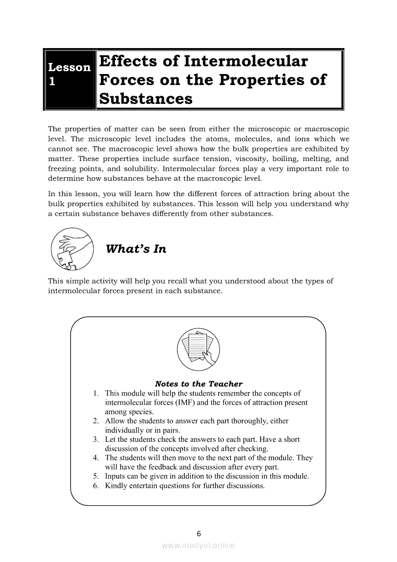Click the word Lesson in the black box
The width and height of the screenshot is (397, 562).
(x=69, y=67)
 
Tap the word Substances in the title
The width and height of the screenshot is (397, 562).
(x=146, y=99)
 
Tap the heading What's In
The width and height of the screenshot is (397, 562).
(x=136, y=249)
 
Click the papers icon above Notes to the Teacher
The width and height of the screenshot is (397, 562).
(x=198, y=350)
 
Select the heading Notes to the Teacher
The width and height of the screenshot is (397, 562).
(x=198, y=384)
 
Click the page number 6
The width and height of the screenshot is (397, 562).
(x=198, y=533)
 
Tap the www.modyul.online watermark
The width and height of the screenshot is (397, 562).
(x=198, y=546)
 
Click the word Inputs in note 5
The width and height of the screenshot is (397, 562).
(x=115, y=476)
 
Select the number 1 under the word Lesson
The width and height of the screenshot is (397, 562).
(x=52, y=82)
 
